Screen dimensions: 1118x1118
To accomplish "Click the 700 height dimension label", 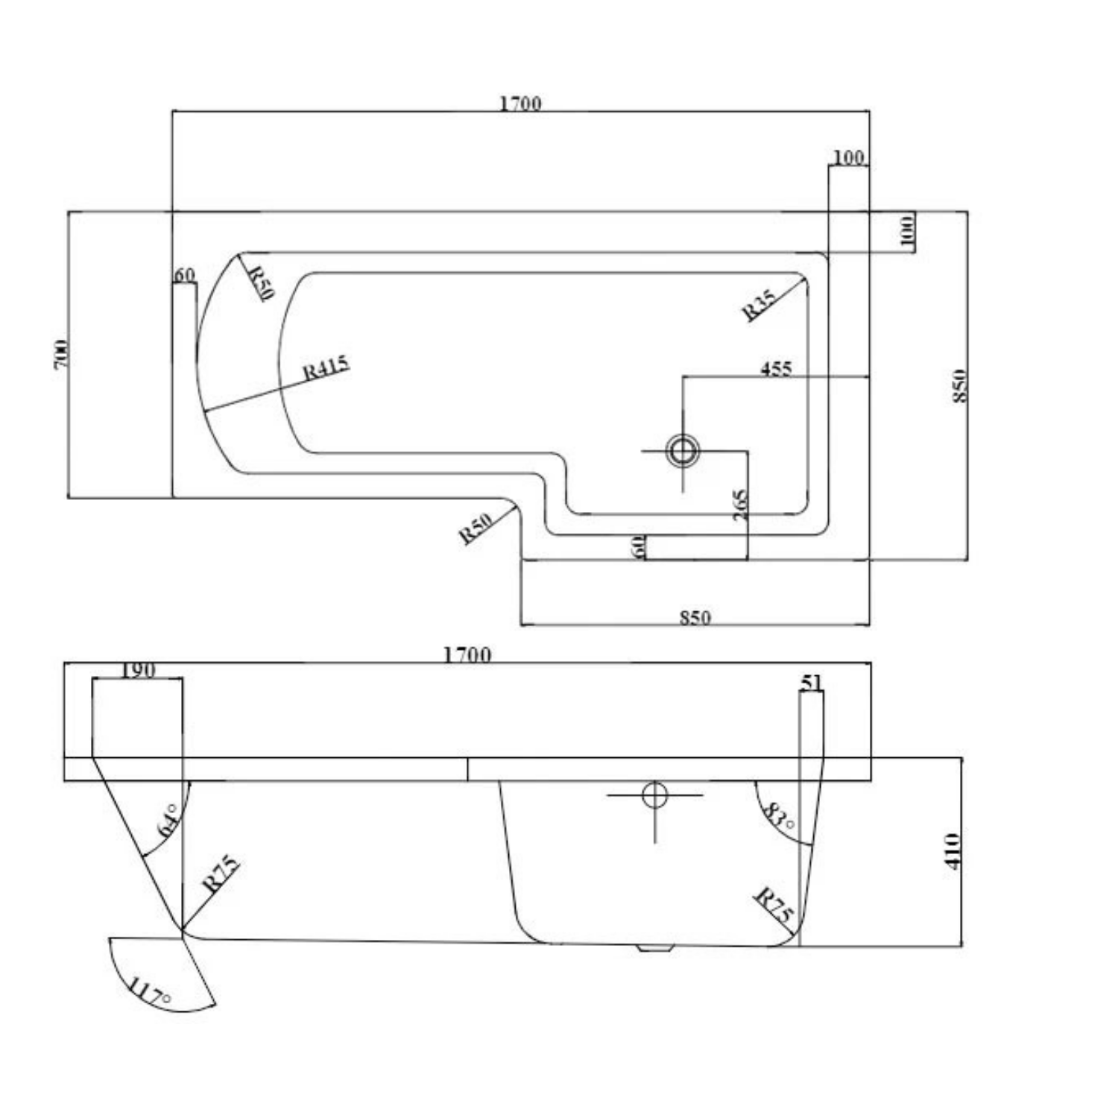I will click(62, 353).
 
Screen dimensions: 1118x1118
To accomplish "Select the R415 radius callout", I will click(326, 367).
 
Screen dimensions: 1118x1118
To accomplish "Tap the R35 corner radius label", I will click(759, 305).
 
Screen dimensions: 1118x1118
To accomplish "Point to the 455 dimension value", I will click(776, 368).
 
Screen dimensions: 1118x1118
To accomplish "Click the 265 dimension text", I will click(739, 505).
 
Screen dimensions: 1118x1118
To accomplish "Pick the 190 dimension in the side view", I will click(138, 669).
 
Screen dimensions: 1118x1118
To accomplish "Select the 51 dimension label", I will click(811, 682).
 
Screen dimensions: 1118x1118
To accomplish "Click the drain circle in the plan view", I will click(682, 450).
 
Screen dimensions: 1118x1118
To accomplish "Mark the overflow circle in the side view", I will click(654, 795).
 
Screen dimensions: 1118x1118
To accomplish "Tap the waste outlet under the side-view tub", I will click(656, 948).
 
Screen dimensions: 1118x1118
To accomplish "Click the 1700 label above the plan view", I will click(519, 103).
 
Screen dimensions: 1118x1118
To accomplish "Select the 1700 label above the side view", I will click(467, 654).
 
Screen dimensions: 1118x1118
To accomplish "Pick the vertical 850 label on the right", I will click(959, 386).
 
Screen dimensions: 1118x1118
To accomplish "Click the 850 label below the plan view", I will click(695, 617).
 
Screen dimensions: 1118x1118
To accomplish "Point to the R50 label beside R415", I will click(260, 282).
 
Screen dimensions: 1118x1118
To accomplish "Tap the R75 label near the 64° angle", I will click(221, 874).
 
